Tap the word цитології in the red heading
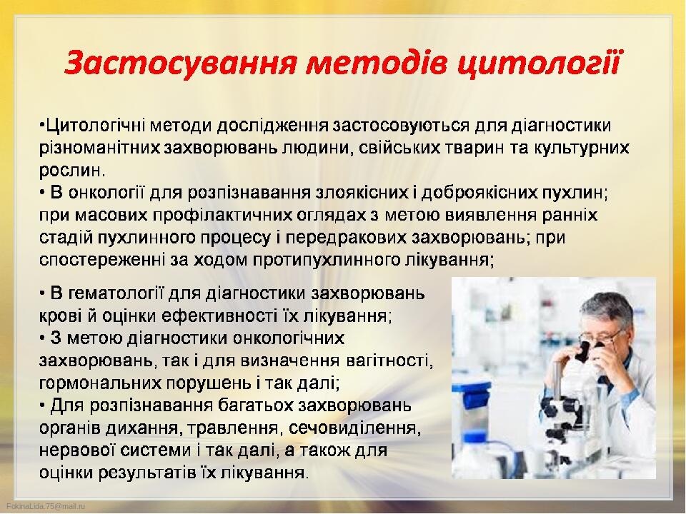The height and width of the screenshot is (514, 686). tap(537, 64)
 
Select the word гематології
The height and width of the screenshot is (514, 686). tap(116, 293)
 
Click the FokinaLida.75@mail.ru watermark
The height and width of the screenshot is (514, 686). tap(46, 506)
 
